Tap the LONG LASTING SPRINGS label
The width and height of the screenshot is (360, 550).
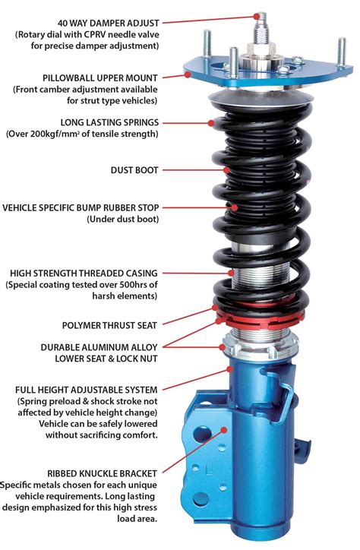click(109, 122)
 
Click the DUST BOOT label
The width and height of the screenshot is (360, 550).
click(135, 170)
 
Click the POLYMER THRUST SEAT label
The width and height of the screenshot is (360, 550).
click(110, 324)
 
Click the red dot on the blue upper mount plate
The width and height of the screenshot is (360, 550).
click(186, 76)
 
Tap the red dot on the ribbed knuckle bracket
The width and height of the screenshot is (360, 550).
click(221, 429)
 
